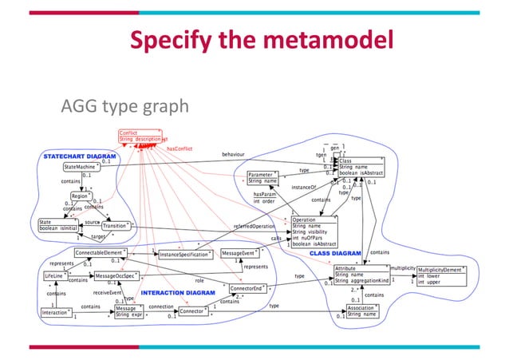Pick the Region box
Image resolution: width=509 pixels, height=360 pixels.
pos(80,196)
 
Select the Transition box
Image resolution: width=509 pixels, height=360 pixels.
pos(118,226)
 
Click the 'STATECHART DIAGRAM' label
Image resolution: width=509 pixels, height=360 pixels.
pos(80,155)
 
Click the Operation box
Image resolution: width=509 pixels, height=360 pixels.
pos(314,231)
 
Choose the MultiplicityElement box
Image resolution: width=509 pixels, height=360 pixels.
pos(440,276)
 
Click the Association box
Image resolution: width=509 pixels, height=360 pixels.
pos(365,311)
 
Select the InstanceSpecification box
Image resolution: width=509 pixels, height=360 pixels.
pos(184,255)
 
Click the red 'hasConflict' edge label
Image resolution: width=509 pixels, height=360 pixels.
pos(180,148)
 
